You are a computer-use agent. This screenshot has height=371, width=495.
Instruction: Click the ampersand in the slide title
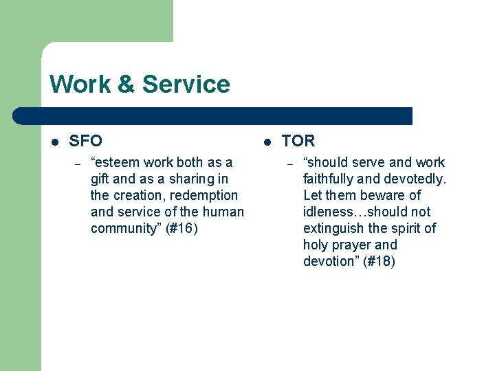click(126, 85)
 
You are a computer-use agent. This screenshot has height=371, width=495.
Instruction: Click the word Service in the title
click(186, 85)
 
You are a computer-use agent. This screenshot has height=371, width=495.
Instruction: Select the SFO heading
click(86, 141)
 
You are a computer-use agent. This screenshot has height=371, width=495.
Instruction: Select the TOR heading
click(298, 141)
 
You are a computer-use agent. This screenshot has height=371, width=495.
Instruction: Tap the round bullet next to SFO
click(55, 142)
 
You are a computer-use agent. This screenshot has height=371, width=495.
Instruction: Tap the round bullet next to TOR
click(267, 142)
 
